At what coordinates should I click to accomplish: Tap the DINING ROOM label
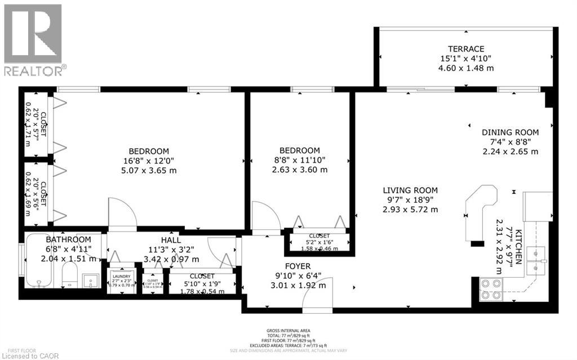tap(510, 132)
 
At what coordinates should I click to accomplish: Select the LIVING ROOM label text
tap(410, 190)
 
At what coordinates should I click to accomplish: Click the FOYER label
tap(298, 265)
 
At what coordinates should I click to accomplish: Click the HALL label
tap(171, 239)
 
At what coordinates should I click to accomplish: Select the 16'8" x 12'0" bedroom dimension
tap(149, 161)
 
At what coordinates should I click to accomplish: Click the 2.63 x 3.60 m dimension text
tap(300, 170)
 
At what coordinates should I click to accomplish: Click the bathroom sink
tap(91, 278)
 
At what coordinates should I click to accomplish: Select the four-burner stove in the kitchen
tap(491, 289)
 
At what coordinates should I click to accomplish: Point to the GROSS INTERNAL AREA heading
tap(288, 331)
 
